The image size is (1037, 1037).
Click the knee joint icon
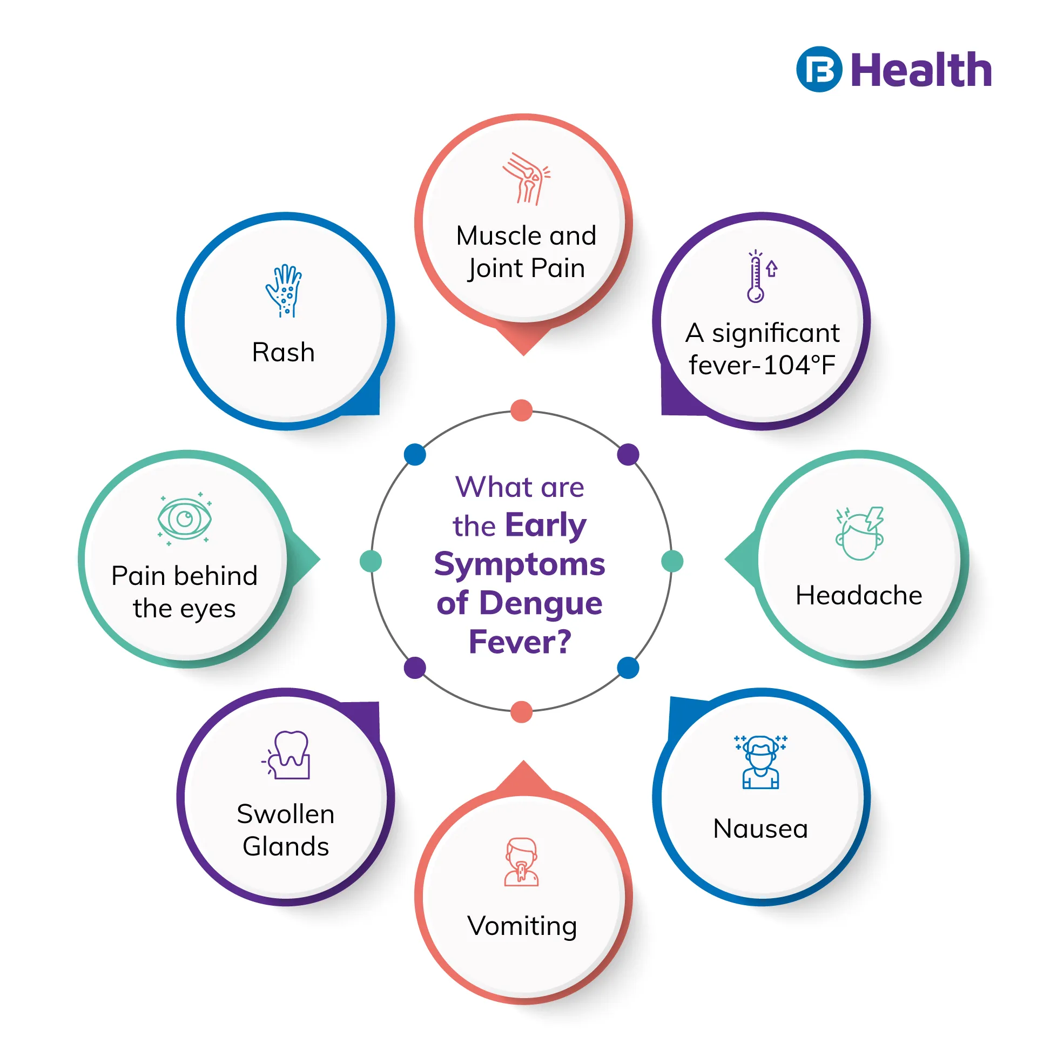coord(526,179)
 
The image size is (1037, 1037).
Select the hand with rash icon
coord(284,291)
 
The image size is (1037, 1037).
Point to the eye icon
coord(185,518)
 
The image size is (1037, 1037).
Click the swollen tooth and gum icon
coord(287,755)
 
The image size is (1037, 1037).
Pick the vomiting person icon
coord(521,862)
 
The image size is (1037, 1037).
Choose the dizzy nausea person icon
coord(760,762)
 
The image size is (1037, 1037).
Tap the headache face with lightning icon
coord(859,533)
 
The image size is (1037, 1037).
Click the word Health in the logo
coord(921,70)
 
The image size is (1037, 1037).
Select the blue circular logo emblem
coord(819,70)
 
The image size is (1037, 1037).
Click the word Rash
coord(284,353)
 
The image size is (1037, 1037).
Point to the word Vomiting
coord(522,926)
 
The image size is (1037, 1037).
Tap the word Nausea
coord(760,829)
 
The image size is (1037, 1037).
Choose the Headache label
coord(859,596)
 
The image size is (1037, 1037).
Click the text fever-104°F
coord(762,365)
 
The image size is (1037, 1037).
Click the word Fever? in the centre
coord(520,642)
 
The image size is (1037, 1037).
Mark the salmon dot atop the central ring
coord(521,410)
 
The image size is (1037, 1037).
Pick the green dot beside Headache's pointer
coord(672,561)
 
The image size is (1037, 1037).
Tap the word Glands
coord(286,846)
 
